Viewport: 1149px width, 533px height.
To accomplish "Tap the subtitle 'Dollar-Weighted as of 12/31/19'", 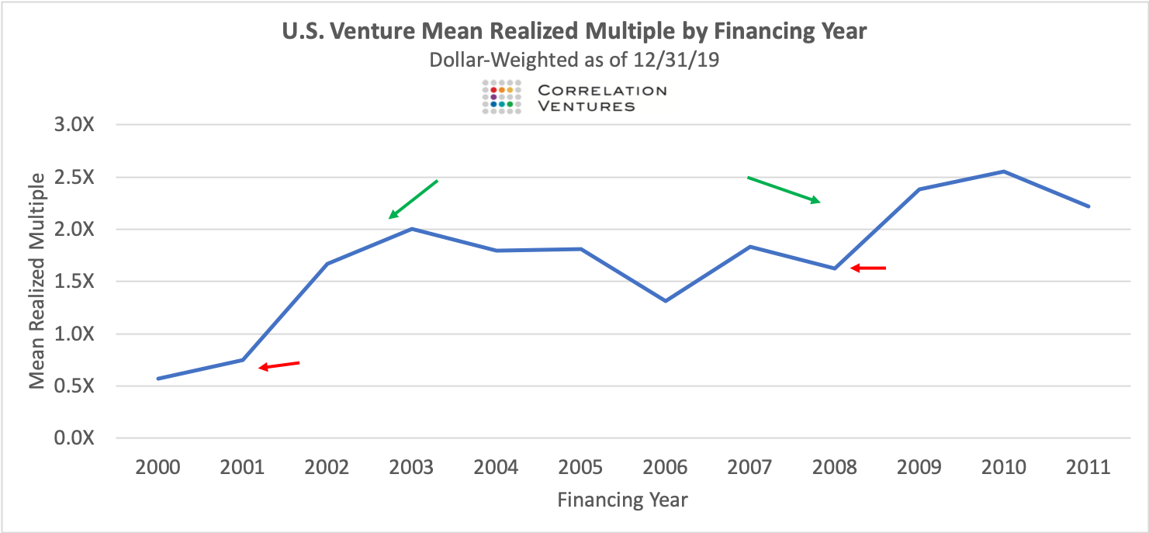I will pyautogui.click(x=574, y=60).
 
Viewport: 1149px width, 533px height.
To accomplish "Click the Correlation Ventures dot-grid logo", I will pyautogui.click(x=500, y=97).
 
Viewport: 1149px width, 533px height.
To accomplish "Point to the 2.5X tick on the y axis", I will pyautogui.click(x=73, y=177).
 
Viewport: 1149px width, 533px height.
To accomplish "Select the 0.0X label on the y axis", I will pyautogui.click(x=73, y=438).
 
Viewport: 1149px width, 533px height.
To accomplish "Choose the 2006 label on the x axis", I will pyautogui.click(x=666, y=468).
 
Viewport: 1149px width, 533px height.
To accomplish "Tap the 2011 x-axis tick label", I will pyautogui.click(x=1088, y=468).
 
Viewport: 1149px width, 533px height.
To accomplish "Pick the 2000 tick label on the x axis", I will pyautogui.click(x=157, y=468).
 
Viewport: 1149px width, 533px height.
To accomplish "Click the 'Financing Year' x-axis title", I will pyautogui.click(x=622, y=500).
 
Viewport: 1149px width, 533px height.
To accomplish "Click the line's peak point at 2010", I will pyautogui.click(x=1004, y=171).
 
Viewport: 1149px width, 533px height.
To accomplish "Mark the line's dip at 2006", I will pyautogui.click(x=666, y=300).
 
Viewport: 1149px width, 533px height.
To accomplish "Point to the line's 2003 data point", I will pyautogui.click(x=411, y=229).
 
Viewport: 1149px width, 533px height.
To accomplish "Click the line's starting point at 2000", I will pyautogui.click(x=157, y=379).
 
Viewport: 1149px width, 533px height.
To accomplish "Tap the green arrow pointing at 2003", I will pyautogui.click(x=414, y=199).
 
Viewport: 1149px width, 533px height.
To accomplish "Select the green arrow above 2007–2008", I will pyautogui.click(x=784, y=189).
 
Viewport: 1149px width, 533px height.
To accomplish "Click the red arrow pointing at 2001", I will pyautogui.click(x=279, y=365).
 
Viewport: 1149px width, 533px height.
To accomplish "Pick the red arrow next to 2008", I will pyautogui.click(x=867, y=268).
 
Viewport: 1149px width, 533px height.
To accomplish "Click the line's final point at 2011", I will pyautogui.click(x=1089, y=206).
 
